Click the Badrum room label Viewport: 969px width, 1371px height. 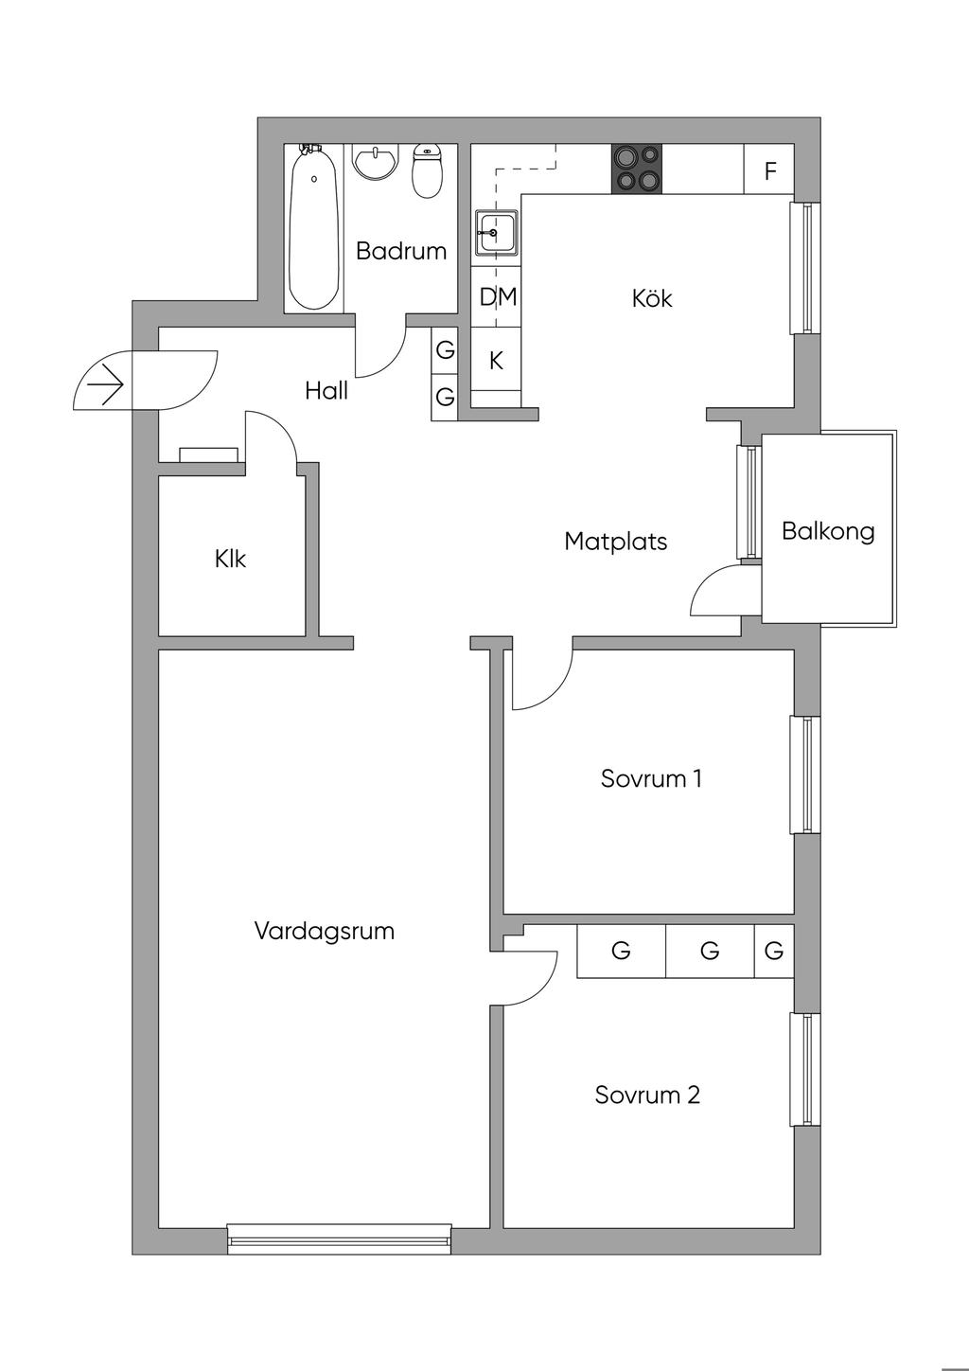tap(401, 251)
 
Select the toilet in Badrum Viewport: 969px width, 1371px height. tap(428, 171)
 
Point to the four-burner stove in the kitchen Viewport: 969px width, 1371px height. tap(636, 169)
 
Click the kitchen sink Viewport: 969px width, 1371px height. tap(497, 232)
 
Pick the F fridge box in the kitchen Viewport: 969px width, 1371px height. tap(769, 170)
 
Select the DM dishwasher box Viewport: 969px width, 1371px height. tap(497, 297)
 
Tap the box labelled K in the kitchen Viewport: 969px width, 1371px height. tap(496, 361)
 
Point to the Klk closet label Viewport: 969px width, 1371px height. tap(230, 559)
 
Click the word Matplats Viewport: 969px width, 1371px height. tap(616, 542)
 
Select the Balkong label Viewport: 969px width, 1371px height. tap(828, 531)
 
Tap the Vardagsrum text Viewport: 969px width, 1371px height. tap(324, 931)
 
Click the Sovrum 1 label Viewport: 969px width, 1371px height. tap(651, 779)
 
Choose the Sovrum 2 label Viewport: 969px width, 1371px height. tap(647, 1095)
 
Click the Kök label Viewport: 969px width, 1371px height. tap(652, 298)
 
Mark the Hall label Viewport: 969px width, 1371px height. tap(326, 390)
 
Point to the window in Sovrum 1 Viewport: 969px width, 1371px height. tap(805, 775)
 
